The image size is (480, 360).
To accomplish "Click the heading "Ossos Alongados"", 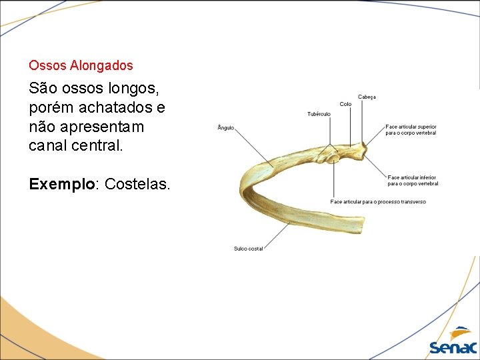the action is (81, 66).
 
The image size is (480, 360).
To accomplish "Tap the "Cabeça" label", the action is (367, 97).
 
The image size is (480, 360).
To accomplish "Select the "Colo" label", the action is (345, 104).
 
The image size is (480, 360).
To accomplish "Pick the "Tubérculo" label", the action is (319, 114).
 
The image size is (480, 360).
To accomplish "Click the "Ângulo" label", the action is (226, 128).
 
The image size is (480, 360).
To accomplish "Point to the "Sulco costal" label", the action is (248, 249).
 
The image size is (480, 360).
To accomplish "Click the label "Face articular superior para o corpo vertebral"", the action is (411, 129).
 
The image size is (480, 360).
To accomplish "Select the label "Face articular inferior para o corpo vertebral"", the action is (412, 180).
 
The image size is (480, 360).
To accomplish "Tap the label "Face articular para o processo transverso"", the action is (378, 201).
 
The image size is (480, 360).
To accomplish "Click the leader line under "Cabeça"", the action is (363, 120).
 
